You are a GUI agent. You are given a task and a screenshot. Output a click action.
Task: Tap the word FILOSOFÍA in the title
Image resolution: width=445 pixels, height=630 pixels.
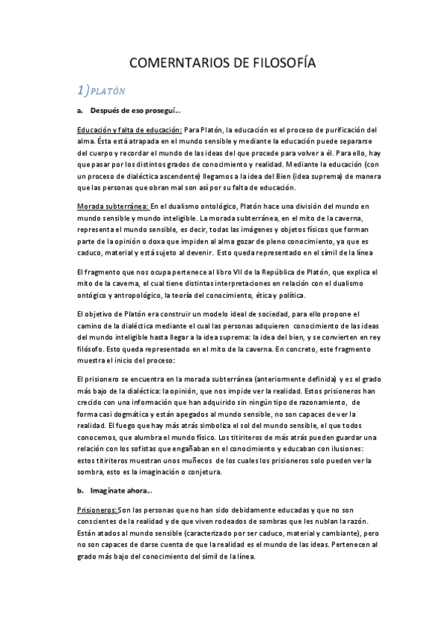[285, 64]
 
